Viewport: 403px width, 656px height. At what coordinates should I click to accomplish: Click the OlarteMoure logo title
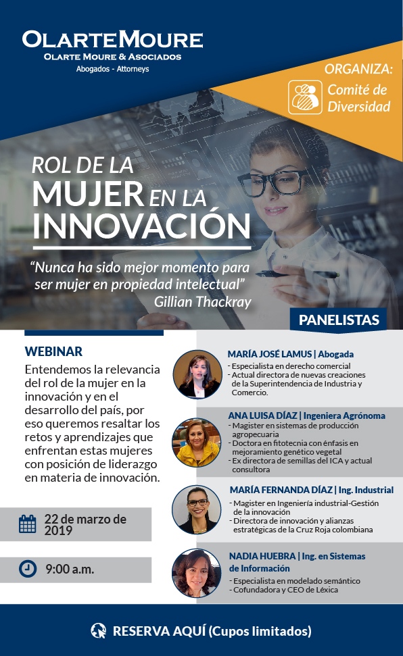point(113,40)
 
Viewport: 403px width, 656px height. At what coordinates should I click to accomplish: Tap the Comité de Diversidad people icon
point(305,97)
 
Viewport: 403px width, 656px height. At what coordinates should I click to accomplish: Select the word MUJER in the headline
point(89,194)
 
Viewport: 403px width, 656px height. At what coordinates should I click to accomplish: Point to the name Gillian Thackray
point(203,301)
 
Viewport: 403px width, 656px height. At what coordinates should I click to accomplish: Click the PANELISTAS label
point(339,320)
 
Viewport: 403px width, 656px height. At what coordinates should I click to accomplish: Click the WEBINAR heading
point(53,351)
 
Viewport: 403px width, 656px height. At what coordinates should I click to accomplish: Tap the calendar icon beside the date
point(28,524)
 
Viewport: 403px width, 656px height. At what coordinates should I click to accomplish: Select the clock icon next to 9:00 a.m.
point(28,569)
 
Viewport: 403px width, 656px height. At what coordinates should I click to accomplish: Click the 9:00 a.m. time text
point(70,570)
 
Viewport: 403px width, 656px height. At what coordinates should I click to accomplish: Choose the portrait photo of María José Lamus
point(197,374)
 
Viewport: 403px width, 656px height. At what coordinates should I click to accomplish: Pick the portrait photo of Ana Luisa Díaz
point(197,443)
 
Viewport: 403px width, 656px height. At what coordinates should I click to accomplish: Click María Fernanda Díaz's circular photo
point(197,509)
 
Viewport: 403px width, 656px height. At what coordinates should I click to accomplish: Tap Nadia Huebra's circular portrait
point(197,573)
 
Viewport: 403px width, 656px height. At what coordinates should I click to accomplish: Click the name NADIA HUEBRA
point(262,556)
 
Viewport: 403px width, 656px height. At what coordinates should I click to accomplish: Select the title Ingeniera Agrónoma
point(344,415)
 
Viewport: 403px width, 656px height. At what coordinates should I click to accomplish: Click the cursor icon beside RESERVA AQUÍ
point(99,630)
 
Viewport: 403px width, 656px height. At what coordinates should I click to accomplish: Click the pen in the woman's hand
point(297,274)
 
